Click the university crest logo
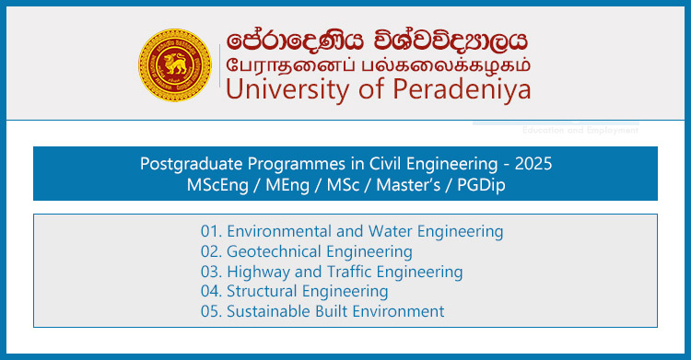pos(175,64)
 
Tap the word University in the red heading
pos(278,89)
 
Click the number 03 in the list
pos(212,272)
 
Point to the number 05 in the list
pos(212,311)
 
